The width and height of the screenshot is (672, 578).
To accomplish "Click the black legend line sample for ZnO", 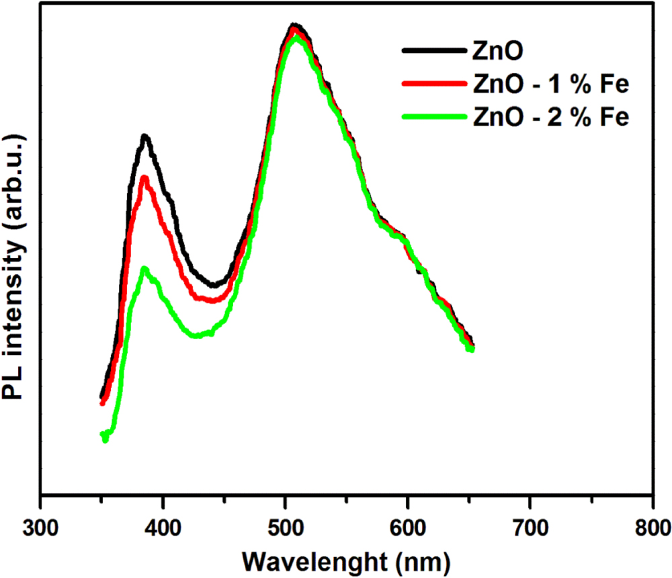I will click(433, 50).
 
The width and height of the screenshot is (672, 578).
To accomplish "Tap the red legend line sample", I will click(433, 84).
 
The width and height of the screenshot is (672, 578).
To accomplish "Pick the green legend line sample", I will click(433, 117).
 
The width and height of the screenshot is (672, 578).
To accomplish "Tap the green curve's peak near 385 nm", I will click(144, 269).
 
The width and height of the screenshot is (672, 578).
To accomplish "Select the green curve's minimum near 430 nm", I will click(197, 335).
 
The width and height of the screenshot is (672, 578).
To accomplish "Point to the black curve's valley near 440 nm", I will click(214, 285).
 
